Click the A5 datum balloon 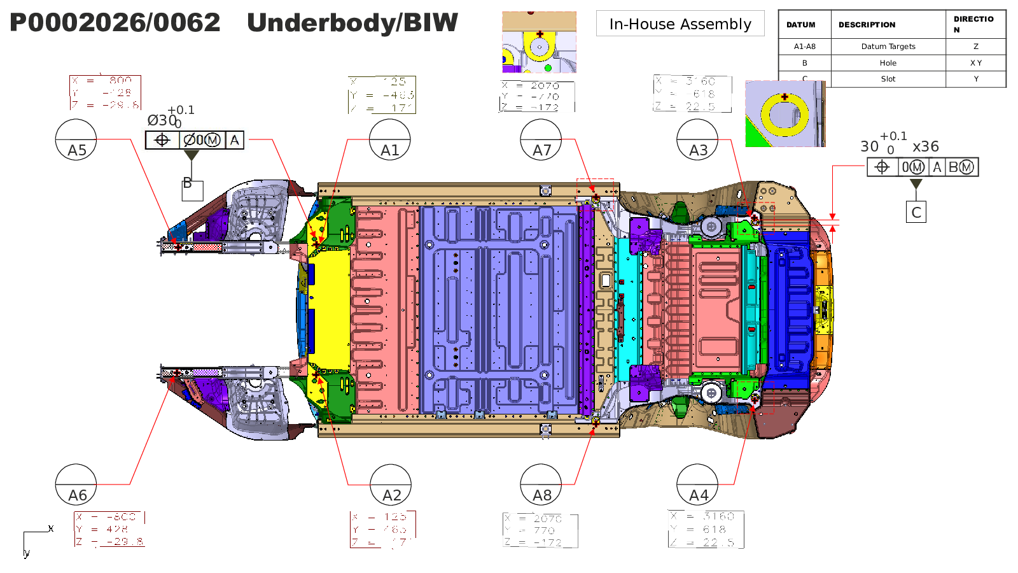(x=76, y=139)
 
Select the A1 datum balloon (x=390, y=139)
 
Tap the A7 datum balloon (x=541, y=139)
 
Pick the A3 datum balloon (x=697, y=139)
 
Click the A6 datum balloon (x=76, y=485)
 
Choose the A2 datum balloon (x=391, y=485)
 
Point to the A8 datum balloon (x=541, y=485)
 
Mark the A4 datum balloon (x=697, y=485)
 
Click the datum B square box (x=192, y=190)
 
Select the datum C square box (x=916, y=212)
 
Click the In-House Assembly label (x=680, y=24)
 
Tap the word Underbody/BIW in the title (x=352, y=23)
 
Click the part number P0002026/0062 (x=115, y=23)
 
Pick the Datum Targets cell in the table (x=888, y=46)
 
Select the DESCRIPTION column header (x=867, y=25)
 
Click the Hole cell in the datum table (x=888, y=63)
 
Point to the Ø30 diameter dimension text (x=162, y=120)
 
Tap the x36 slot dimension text (x=926, y=146)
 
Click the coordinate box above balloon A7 (x=538, y=96)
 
